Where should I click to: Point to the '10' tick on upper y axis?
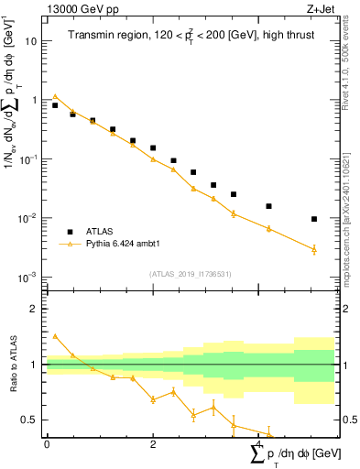[31, 41]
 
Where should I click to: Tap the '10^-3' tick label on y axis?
[27, 278]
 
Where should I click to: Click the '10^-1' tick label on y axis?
[27, 159]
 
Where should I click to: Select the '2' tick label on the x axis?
[153, 444]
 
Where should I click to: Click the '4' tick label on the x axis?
[259, 444]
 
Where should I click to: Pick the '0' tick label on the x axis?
[47, 444]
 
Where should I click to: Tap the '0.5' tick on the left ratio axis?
[28, 420]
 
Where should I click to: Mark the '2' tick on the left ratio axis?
[33, 310]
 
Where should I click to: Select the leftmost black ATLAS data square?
[55, 105]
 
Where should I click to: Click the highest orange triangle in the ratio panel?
[55, 336]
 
